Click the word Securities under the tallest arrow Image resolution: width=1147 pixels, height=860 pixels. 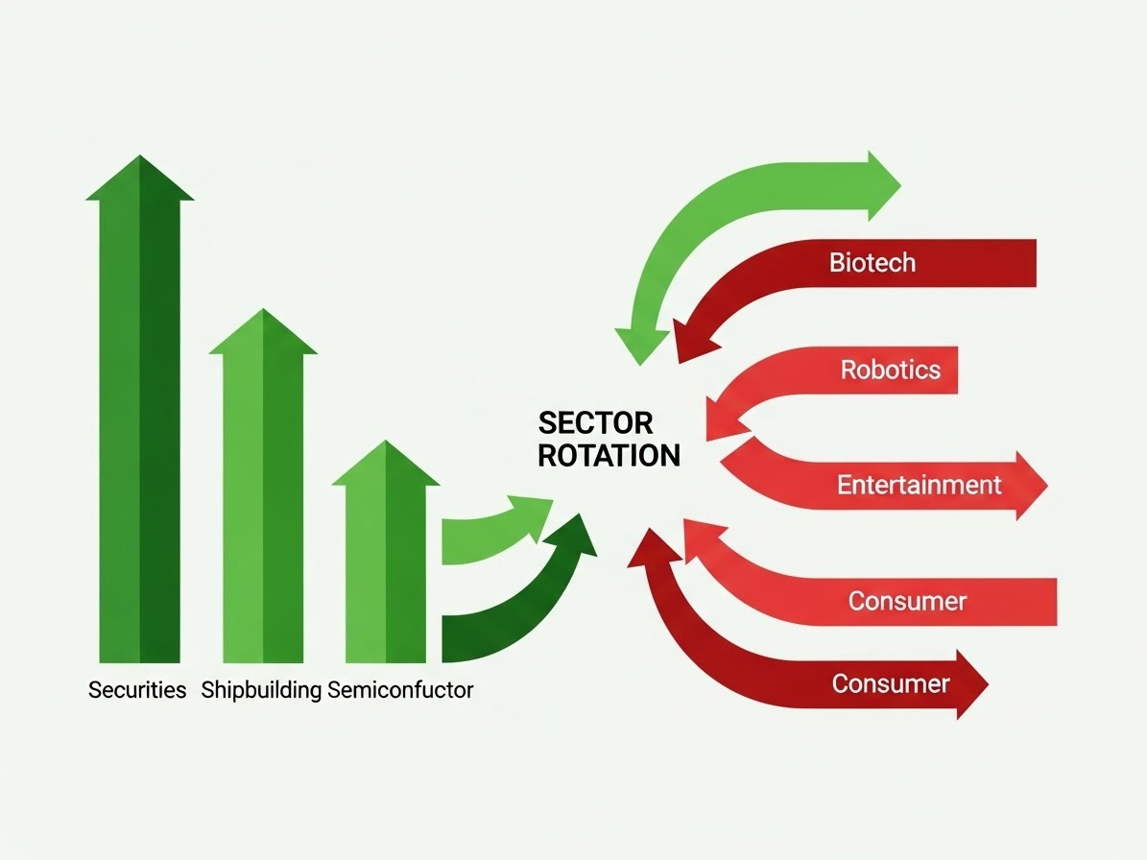point(137,690)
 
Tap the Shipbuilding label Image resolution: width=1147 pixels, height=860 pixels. point(261,690)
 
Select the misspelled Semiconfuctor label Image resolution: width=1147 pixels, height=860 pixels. point(400,690)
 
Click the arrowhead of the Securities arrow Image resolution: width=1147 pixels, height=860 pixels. point(140,179)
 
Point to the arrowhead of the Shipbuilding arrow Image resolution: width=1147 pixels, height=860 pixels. point(263,333)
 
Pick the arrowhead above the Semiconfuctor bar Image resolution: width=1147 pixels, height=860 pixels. point(385,465)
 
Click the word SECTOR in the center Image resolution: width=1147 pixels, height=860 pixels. point(595,423)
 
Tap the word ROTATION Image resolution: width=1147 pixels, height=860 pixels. point(609,455)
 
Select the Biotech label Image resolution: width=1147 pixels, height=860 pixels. point(872,262)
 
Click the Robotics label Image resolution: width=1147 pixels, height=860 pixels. point(890,370)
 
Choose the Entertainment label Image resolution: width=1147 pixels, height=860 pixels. point(919,485)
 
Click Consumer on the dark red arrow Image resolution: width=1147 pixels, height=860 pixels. point(890,683)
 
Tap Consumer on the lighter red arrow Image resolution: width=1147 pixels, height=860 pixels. point(907,602)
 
